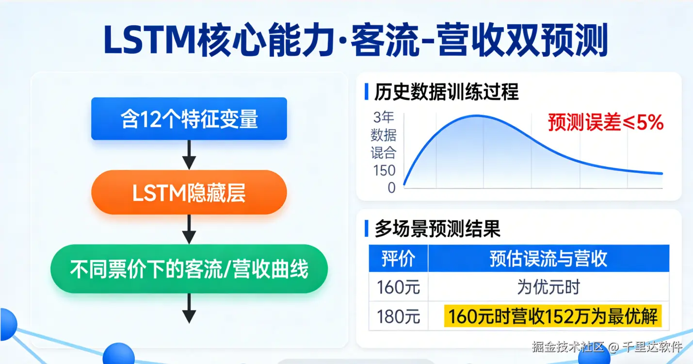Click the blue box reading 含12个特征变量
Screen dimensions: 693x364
tap(189, 118)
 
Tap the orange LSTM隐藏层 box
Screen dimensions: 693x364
tap(189, 192)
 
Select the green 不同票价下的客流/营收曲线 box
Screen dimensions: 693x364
tap(189, 269)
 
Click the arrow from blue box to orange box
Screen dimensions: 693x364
tap(189, 155)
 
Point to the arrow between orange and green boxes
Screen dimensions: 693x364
tap(189, 230)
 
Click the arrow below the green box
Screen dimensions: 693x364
tap(189, 308)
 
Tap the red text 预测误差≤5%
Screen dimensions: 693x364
tap(606, 122)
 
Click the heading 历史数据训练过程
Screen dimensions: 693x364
tap(446, 92)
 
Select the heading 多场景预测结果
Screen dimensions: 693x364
tap(437, 229)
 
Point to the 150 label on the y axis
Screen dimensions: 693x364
tap(384, 170)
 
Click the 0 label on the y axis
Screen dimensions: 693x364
tap(392, 187)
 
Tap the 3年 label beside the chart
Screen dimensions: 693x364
tap(384, 117)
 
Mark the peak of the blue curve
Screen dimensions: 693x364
tap(476, 116)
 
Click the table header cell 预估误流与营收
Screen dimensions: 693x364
tap(548, 258)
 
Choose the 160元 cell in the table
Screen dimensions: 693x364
tap(399, 287)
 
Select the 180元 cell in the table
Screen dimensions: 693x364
tap(399, 316)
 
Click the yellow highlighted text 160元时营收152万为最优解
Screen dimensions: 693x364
tap(553, 316)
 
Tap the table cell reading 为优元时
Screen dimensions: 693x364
tap(548, 287)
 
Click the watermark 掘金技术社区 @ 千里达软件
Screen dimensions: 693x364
tap(607, 347)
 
